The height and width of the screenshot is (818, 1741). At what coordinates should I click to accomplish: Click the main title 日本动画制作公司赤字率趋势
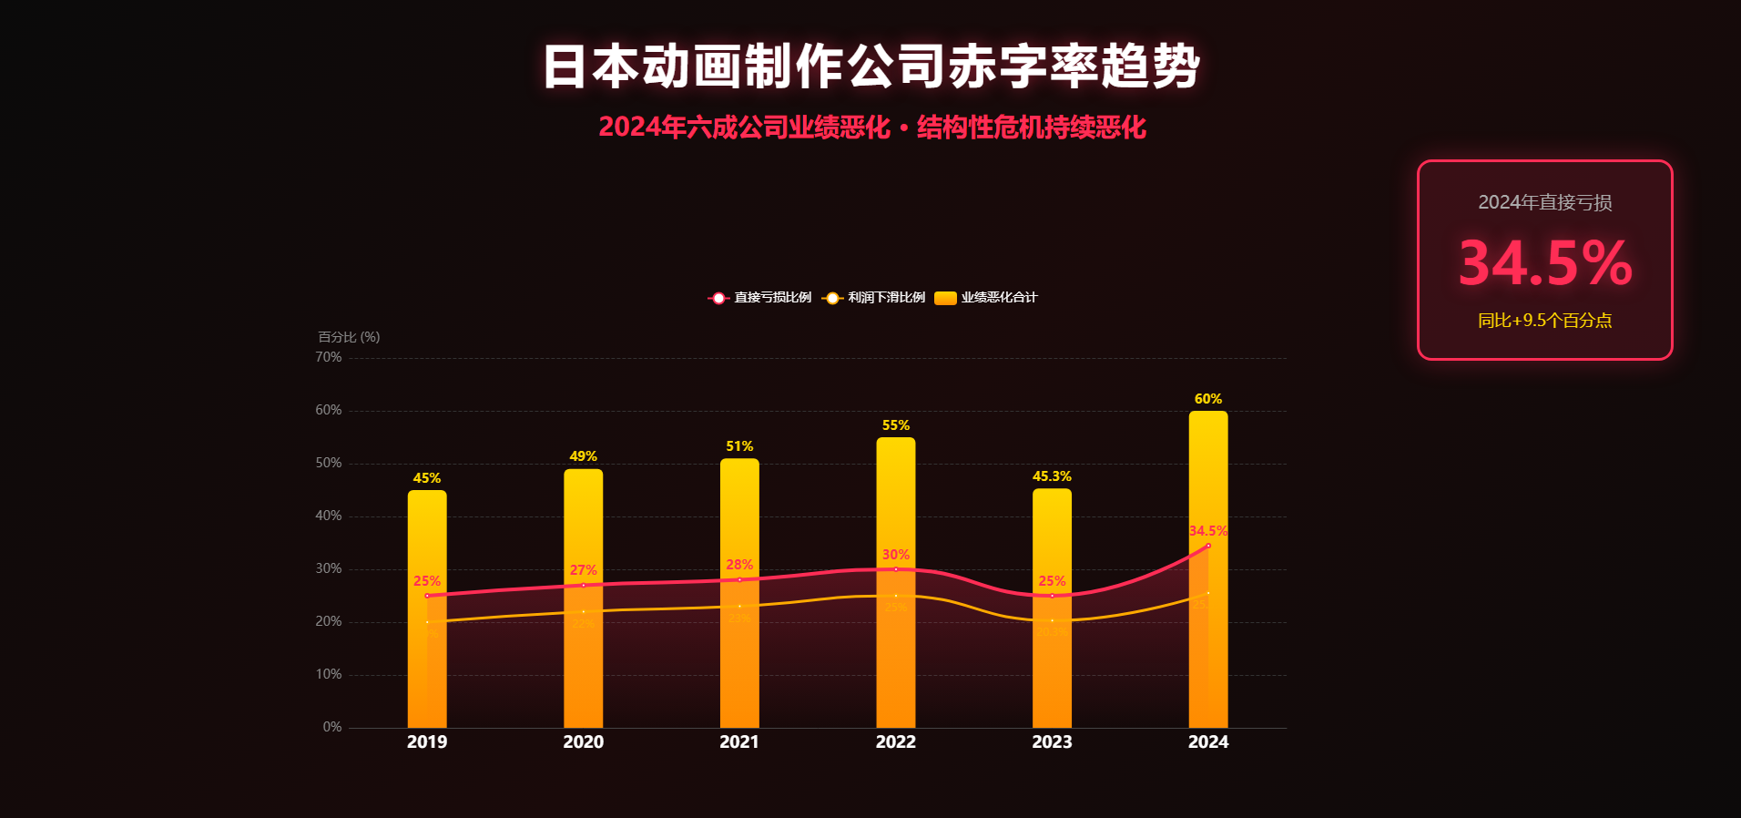coord(871,66)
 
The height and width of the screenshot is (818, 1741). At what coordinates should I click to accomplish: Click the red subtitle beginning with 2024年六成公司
coord(871,128)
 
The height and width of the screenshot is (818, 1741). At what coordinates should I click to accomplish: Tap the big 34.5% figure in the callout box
coord(1545,263)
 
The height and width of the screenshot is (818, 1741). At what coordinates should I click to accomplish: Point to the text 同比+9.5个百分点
coord(1544,321)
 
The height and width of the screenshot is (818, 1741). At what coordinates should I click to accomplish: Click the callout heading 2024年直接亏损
coord(1544,202)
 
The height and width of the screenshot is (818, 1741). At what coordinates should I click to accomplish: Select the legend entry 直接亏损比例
coord(760,298)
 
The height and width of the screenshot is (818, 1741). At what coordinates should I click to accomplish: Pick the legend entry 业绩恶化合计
coord(987,298)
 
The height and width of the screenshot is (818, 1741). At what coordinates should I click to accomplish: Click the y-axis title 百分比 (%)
coord(349,337)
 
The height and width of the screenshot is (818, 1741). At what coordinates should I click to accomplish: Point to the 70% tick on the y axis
coord(329,357)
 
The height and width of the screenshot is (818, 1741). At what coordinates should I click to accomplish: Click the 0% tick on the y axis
coord(332,727)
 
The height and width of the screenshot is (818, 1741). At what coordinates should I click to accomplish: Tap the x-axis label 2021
coord(739,742)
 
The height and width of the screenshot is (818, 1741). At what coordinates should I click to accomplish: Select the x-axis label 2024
coord(1208,742)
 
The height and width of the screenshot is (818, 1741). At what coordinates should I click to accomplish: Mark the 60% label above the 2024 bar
coord(1208,399)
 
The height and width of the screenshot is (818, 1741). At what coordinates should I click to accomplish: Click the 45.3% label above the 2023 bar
coord(1052,476)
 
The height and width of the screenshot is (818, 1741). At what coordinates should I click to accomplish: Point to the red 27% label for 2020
coord(584,570)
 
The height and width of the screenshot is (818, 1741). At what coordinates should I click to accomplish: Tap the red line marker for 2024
coord(1208,546)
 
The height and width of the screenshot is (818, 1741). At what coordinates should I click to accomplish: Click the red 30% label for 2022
coord(896,555)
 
